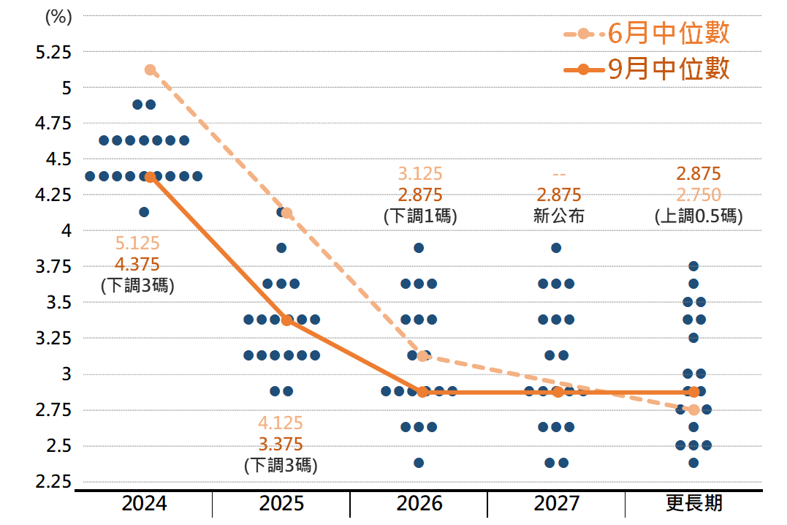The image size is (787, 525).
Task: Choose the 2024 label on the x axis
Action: (144, 504)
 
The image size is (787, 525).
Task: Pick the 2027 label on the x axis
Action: (557, 504)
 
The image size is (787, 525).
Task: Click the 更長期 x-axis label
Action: (693, 504)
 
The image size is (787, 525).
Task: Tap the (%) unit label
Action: (58, 18)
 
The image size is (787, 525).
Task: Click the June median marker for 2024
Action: (151, 70)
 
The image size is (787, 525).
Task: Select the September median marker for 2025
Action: (287, 320)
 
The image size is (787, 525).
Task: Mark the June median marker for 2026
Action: (422, 356)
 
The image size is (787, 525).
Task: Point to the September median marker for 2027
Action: (558, 392)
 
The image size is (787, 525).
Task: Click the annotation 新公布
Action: (559, 216)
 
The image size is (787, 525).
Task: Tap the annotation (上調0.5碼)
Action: (698, 216)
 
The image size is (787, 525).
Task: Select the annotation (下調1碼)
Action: (420, 216)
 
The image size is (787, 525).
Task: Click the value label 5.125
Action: (137, 243)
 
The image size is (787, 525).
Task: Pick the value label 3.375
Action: (281, 444)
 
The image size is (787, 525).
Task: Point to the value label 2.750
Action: (698, 194)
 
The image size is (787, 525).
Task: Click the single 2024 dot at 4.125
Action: (144, 212)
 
